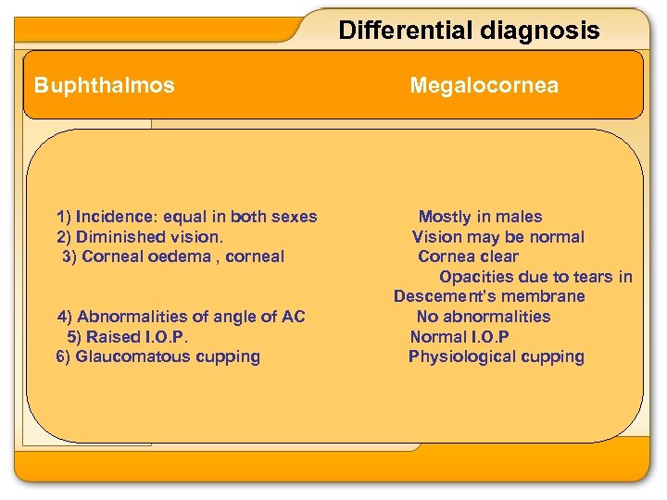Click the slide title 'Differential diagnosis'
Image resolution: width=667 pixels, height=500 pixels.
point(469,31)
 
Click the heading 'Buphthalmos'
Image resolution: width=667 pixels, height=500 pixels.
point(104,86)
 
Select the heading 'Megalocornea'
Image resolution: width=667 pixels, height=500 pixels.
point(484,86)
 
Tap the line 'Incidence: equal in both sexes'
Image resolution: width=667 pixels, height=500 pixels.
point(187,217)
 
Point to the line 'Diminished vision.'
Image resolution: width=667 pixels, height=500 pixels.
point(140,237)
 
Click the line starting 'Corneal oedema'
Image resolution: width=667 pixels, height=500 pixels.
point(173,256)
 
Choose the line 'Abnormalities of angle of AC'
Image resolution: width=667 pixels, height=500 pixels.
point(182,317)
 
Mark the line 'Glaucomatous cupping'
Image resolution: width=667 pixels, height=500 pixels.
point(158,356)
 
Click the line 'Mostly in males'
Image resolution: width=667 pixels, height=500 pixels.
point(480,217)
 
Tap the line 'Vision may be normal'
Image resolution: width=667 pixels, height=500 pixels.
point(498,237)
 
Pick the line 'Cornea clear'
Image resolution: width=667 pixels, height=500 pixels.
point(468,256)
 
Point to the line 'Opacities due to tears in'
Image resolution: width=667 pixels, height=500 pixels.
point(535,277)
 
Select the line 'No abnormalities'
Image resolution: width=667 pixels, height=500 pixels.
point(484,317)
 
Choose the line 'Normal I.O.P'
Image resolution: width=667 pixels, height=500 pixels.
point(459,337)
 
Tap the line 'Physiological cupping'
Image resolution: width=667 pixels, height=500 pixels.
point(497,356)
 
